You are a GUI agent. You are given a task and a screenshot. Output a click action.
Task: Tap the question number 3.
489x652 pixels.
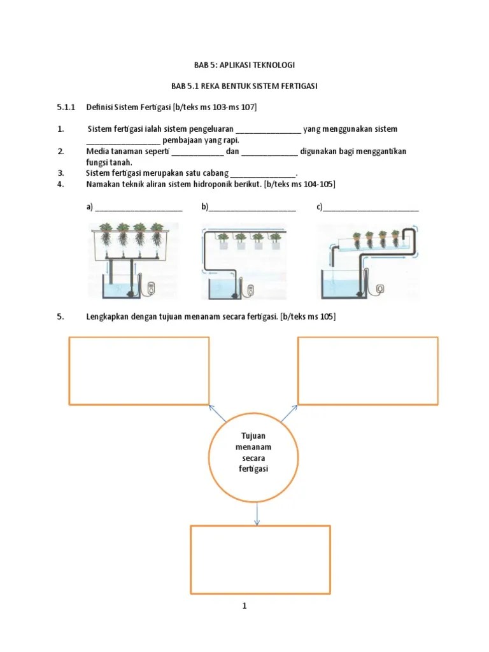60,173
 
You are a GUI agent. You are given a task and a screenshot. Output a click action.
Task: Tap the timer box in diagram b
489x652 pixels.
250,290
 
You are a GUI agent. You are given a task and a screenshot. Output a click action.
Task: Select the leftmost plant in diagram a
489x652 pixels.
106,232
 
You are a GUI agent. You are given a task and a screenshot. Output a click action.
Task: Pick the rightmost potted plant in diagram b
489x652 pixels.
275,239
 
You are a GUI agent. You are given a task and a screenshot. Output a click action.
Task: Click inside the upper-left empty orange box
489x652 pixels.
139,371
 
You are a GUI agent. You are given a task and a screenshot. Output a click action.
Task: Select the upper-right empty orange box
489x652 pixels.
368,371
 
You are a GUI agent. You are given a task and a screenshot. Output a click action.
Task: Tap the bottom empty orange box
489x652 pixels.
260,559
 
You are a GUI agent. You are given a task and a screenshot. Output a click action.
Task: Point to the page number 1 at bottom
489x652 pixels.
244,606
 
